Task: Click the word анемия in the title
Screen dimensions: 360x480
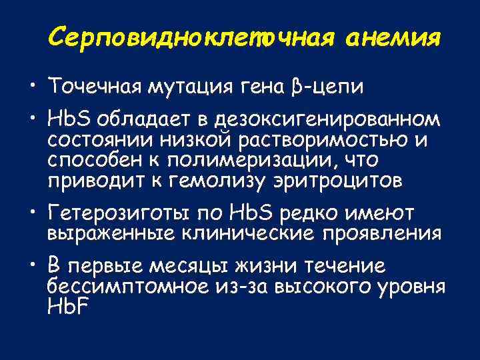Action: point(393,38)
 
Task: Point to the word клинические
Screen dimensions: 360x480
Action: point(229,233)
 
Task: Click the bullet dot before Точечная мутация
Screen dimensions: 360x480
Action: point(32,87)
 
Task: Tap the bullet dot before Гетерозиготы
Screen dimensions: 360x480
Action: point(32,214)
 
